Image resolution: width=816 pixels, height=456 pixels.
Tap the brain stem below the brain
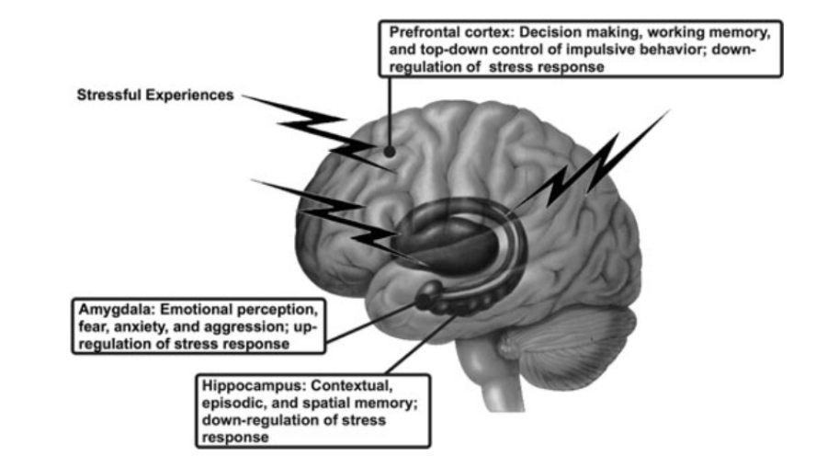[x=496, y=386]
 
